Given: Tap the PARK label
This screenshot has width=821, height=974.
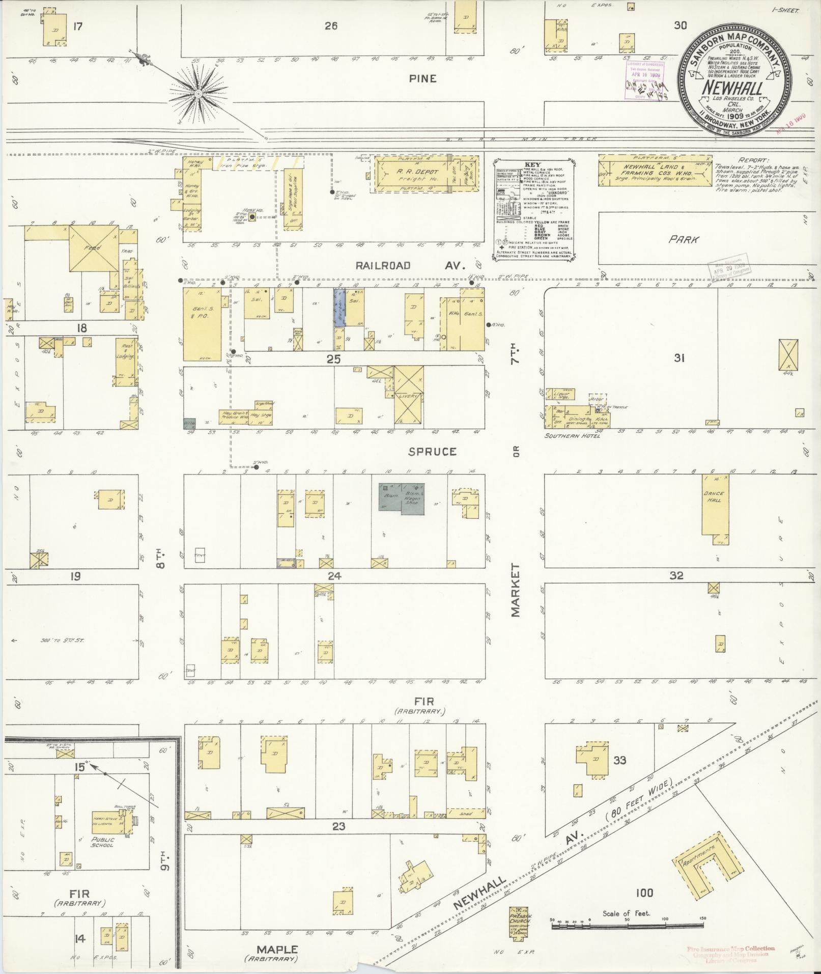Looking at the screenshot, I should click(x=684, y=239).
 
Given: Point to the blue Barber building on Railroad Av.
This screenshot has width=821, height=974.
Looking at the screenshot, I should click(x=339, y=307).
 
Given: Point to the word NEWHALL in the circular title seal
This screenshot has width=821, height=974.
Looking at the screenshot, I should click(x=732, y=88).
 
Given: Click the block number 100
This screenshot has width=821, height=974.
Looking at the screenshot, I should click(x=644, y=892).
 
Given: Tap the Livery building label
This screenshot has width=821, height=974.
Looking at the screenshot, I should click(x=408, y=396).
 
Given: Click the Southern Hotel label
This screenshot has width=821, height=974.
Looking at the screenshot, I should click(x=573, y=436).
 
